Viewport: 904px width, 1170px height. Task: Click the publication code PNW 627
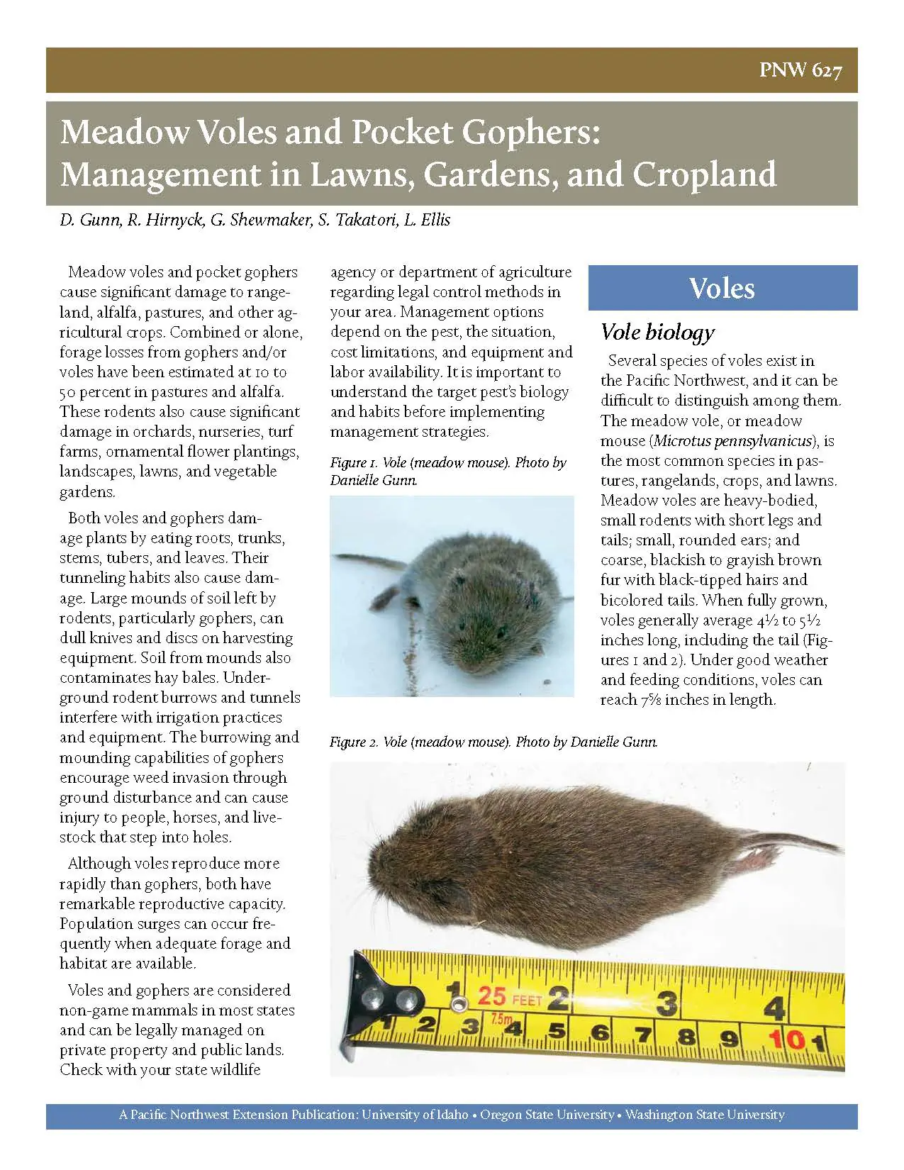pyautogui.click(x=800, y=71)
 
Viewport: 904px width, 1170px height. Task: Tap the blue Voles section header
pyautogui.click(x=722, y=288)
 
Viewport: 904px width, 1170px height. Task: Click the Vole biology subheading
pyautogui.click(x=657, y=332)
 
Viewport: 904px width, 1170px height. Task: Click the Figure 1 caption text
pyautogui.click(x=447, y=471)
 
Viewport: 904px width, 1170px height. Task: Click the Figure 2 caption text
pyautogui.click(x=493, y=742)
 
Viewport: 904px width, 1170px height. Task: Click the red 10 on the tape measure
pyautogui.click(x=787, y=1040)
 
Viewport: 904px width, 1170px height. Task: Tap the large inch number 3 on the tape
pyautogui.click(x=666, y=1002)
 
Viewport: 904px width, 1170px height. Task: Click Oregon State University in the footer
pyautogui.click(x=547, y=1115)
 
